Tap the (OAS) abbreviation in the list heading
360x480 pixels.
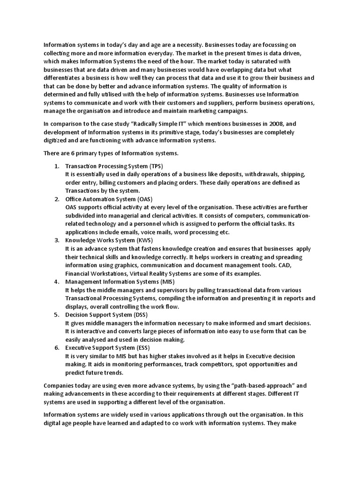point(150,199)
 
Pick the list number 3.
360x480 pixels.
point(56,240)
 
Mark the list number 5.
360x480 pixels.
point(56,315)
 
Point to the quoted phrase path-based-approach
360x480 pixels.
point(265,385)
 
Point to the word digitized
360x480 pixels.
point(56,140)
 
